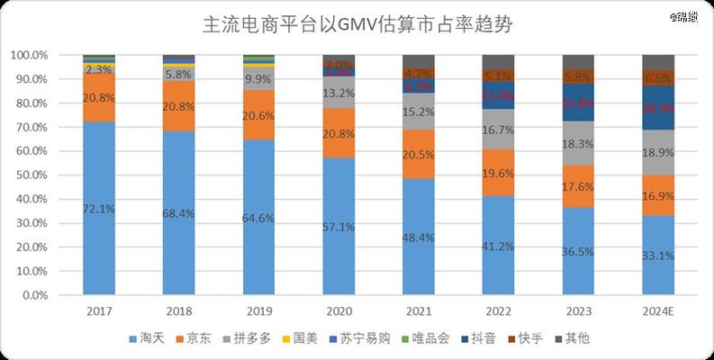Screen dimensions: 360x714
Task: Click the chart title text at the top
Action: pos(357,24)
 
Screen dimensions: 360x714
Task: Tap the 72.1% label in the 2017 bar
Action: pos(99,209)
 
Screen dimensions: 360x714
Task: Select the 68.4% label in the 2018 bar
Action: pos(178,213)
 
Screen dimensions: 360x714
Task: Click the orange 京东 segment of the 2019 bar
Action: pos(258,116)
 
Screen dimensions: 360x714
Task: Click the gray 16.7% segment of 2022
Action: pos(498,130)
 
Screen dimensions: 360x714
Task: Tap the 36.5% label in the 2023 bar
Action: pos(578,251)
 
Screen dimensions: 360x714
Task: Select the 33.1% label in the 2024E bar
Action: pos(658,255)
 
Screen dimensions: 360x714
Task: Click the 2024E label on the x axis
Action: pos(658,310)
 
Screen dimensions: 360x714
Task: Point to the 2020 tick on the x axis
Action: pos(339,310)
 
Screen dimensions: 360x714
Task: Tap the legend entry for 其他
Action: pos(573,338)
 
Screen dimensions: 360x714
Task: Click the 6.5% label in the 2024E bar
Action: pos(658,79)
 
